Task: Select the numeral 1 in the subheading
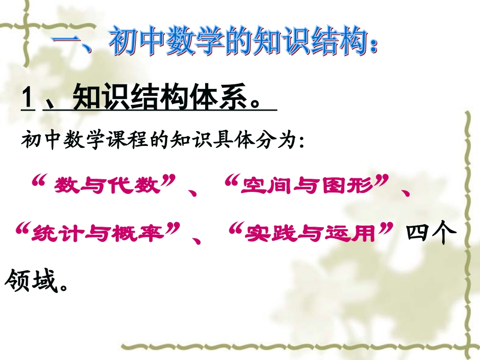(x=27, y=95)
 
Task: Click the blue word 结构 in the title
(x=333, y=42)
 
